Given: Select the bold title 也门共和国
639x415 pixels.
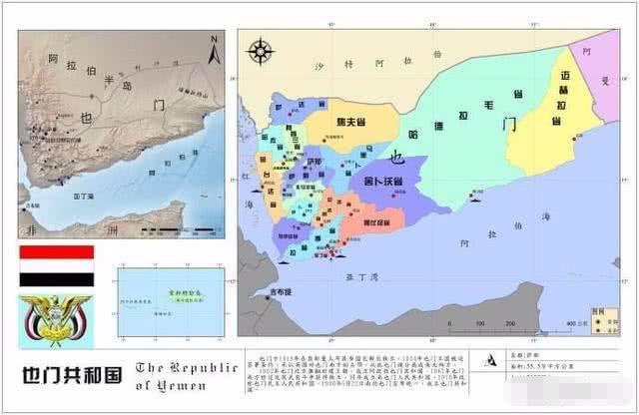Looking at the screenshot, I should [67, 378].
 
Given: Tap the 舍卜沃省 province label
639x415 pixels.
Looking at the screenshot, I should [383, 181].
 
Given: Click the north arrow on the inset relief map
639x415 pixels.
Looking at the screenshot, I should [211, 47].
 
